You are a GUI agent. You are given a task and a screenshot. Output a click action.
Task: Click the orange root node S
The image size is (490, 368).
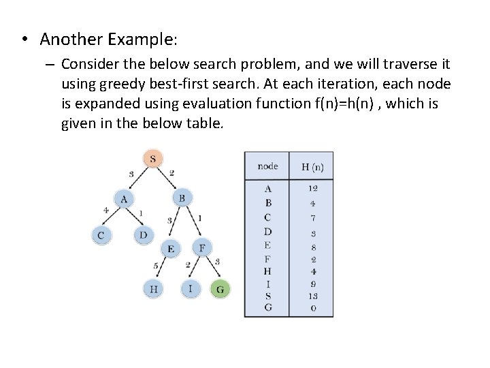coord(152,159)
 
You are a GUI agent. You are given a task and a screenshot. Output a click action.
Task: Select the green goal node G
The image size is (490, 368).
coord(220,289)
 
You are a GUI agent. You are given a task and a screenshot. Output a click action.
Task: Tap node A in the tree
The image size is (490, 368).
coord(124,198)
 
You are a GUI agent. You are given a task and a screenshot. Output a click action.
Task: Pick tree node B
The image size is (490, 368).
coord(182,198)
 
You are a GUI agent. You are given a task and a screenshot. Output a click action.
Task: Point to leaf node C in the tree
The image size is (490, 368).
coord(101,236)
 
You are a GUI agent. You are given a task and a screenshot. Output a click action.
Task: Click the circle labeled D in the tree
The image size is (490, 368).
coord(143,236)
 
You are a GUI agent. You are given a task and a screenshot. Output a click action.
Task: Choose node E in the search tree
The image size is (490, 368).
coord(171,249)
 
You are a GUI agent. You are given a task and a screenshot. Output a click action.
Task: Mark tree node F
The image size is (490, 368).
coord(202,247)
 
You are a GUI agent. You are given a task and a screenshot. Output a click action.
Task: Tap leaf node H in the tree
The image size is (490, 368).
coord(154,289)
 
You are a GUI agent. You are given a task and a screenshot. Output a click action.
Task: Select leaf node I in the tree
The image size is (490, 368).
coord(191,289)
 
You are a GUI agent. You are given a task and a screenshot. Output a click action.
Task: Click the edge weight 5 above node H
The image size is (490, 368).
coord(156,265)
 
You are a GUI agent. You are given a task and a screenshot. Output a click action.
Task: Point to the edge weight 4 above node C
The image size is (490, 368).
coord(105,211)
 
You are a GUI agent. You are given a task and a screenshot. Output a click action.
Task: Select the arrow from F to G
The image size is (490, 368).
coord(212,269)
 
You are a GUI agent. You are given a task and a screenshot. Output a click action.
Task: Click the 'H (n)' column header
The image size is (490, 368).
coord(312,166)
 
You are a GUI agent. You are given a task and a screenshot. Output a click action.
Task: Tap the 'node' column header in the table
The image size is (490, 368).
coord(267,166)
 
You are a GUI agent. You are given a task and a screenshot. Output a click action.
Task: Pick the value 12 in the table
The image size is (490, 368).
coord(312,188)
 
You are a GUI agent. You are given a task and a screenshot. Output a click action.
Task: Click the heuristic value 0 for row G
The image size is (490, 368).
coord(312,307)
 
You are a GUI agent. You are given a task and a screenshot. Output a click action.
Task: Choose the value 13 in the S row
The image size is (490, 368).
coord(312,296)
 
